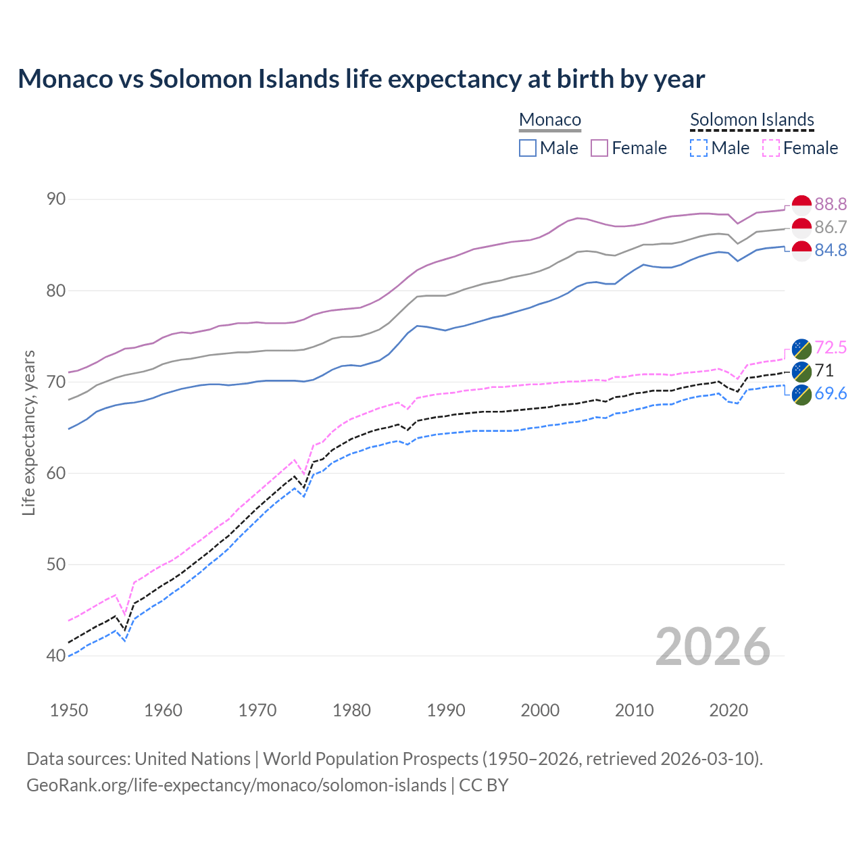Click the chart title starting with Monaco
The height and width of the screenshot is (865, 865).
[x=361, y=79]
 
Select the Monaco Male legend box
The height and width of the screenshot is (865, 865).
[x=528, y=148]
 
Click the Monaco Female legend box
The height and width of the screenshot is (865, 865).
[x=599, y=148]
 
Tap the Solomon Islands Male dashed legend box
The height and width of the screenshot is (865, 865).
[x=699, y=148]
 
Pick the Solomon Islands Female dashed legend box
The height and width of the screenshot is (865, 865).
[x=771, y=148]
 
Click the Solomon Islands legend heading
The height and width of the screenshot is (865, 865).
[x=751, y=120]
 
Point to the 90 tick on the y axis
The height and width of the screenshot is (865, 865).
[x=56, y=199]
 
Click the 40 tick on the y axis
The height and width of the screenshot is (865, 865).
[x=56, y=656]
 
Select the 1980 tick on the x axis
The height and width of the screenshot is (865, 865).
[x=352, y=710]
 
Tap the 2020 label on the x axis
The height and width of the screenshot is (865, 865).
[x=728, y=710]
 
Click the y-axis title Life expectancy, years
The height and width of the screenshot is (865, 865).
[x=28, y=432]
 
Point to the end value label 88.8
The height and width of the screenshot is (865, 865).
[x=831, y=204]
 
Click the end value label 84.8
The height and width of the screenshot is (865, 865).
[x=831, y=250]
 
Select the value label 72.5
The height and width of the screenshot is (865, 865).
[x=831, y=347]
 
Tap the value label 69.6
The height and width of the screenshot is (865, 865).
[x=831, y=393]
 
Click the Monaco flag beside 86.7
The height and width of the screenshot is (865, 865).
[x=801, y=228]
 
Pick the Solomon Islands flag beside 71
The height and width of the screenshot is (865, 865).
[x=801, y=370]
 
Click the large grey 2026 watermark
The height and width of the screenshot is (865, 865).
[x=713, y=647]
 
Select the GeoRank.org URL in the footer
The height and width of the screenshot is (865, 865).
[x=236, y=785]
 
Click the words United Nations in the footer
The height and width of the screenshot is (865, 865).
[x=193, y=759]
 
